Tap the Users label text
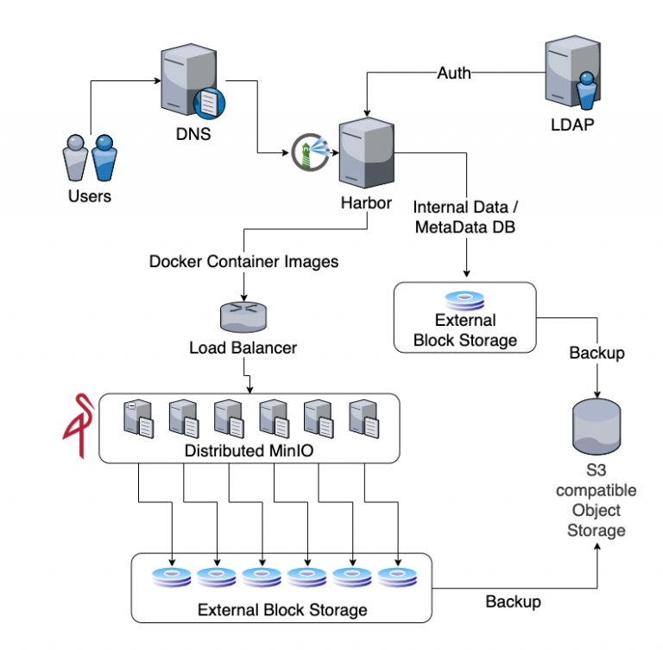(x=90, y=196)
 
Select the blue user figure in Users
(x=104, y=158)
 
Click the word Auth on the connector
(x=454, y=73)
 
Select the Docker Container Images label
(x=243, y=261)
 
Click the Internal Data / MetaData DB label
(x=467, y=217)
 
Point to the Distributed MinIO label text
(x=249, y=451)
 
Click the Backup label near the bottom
(x=513, y=602)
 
